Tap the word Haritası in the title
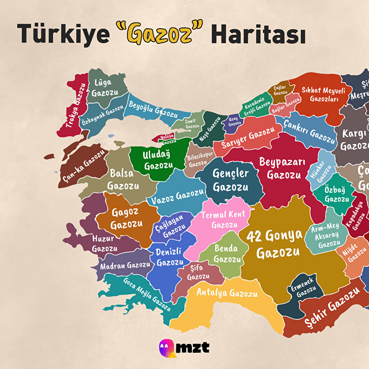tap(258, 34)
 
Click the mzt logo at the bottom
tap(184, 348)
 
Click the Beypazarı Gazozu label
tap(282, 168)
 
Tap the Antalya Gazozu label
tap(227, 293)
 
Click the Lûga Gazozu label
tap(105, 88)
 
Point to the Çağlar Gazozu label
tap(280, 90)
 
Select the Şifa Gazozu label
tap(198, 273)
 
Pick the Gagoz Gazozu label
tap(126, 219)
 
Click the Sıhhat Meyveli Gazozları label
tap(323, 95)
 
